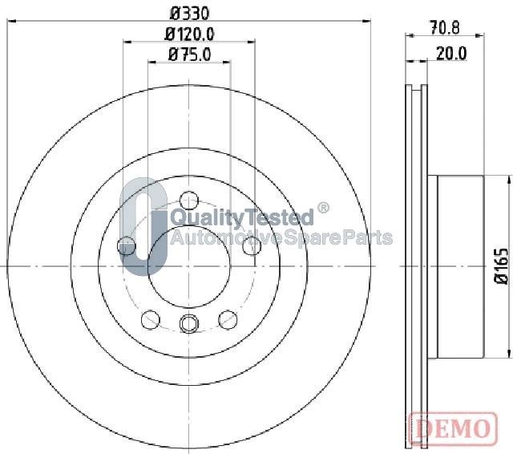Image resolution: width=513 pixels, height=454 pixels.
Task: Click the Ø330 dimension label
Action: coord(189,13)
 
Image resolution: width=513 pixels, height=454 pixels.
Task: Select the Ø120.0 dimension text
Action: coord(189,34)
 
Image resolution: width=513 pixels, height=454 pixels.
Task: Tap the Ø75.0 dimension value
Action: coord(189,55)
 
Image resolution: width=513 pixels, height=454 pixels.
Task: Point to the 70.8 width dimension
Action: coord(445,28)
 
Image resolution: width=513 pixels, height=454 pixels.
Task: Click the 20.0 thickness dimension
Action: coord(451,54)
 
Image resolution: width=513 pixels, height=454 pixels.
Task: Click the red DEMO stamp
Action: coord(454,428)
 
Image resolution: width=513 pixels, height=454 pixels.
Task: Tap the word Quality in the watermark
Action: coord(208,217)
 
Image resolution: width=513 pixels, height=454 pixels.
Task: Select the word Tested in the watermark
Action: coord(279,217)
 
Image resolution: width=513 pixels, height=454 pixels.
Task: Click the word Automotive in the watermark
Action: coord(226,237)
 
